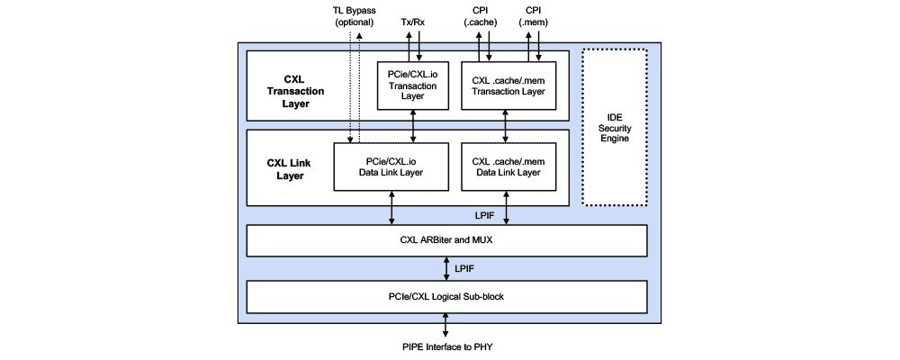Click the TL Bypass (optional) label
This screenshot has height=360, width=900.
[x=354, y=16]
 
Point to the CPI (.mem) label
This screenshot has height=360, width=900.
[x=532, y=16]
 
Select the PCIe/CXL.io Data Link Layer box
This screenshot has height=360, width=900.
[x=391, y=165]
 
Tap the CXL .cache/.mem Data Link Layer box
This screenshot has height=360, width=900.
[x=508, y=165]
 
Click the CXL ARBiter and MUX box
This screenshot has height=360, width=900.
[x=447, y=240]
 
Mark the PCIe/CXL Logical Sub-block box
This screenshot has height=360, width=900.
[x=447, y=295]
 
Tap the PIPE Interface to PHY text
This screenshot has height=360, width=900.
[x=447, y=346]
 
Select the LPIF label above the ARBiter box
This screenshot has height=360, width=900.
[x=484, y=215]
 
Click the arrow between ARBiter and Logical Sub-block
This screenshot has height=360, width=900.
[x=447, y=268]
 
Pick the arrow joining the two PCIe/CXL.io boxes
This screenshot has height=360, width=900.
[x=412, y=125]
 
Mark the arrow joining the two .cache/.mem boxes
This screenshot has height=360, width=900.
[x=508, y=125]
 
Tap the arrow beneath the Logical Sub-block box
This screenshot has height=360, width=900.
[x=447, y=323]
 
